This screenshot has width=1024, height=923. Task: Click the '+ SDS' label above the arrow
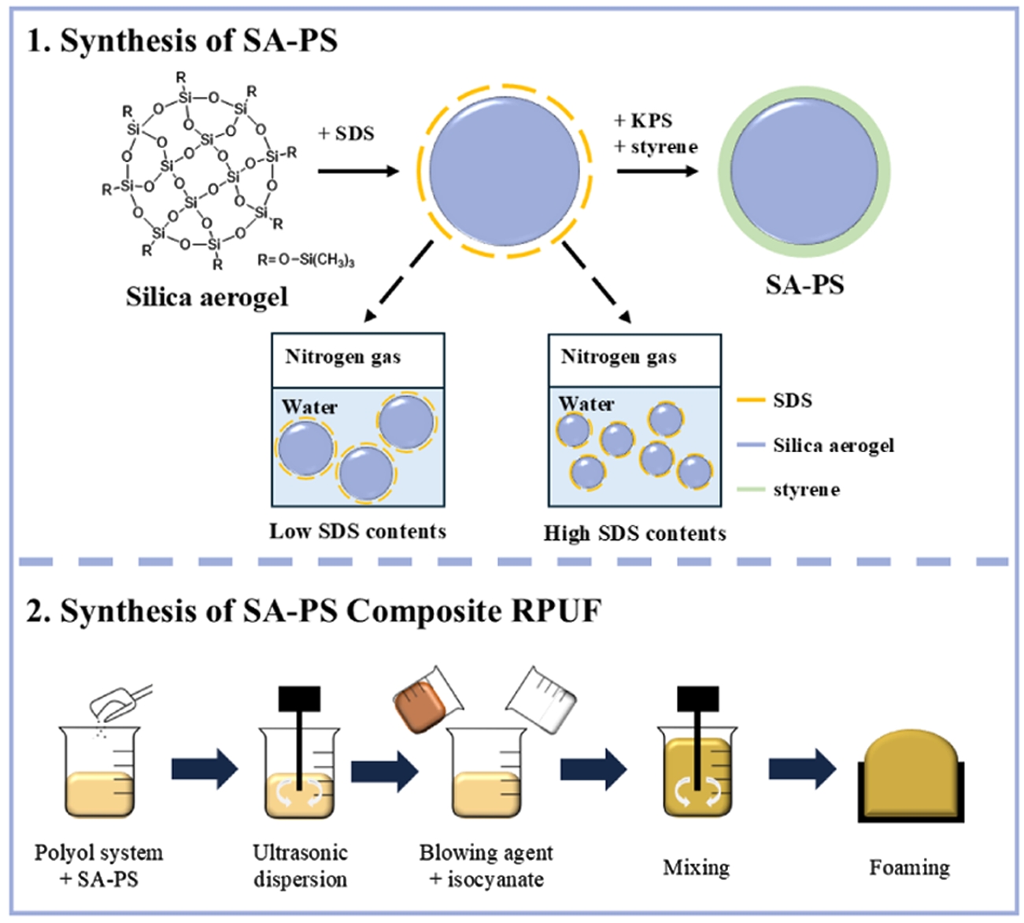[x=346, y=133]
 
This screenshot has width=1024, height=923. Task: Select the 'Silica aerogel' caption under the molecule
[x=207, y=297]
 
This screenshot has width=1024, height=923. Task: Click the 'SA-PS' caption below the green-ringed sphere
[x=804, y=284]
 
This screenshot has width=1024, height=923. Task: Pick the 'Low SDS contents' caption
[x=357, y=532]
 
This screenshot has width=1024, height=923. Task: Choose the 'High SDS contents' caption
[x=634, y=533]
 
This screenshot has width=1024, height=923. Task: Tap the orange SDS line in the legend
[x=751, y=400]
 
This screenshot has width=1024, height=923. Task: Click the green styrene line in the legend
[x=751, y=489]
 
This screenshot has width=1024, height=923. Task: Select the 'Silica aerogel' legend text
[x=834, y=446]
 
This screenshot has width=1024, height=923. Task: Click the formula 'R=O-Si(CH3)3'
[x=306, y=260]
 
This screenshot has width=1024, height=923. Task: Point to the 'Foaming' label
[x=909, y=868]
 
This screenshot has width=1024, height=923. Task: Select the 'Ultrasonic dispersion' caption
[x=300, y=866]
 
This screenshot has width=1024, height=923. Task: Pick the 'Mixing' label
[x=696, y=868]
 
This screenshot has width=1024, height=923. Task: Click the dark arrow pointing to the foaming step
[x=801, y=768]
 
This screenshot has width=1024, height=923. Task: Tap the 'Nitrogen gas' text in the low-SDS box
[x=342, y=358]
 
